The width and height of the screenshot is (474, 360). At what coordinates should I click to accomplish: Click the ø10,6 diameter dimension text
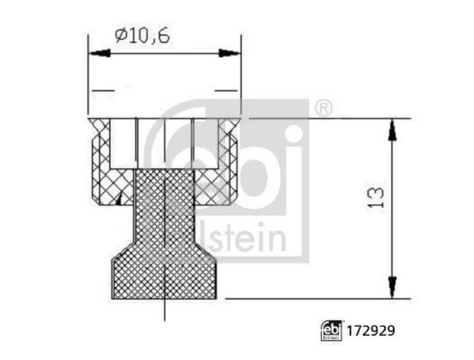(x=142, y=36)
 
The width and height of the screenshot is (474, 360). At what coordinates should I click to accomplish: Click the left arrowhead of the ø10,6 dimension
(x=100, y=53)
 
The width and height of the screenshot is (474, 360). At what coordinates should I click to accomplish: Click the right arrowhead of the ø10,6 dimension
(x=230, y=53)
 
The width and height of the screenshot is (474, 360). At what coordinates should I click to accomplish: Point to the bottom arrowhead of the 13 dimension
(x=392, y=287)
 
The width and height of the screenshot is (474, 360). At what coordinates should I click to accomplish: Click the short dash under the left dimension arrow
(x=103, y=91)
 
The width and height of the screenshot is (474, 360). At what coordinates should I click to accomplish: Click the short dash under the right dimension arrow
(x=225, y=91)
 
